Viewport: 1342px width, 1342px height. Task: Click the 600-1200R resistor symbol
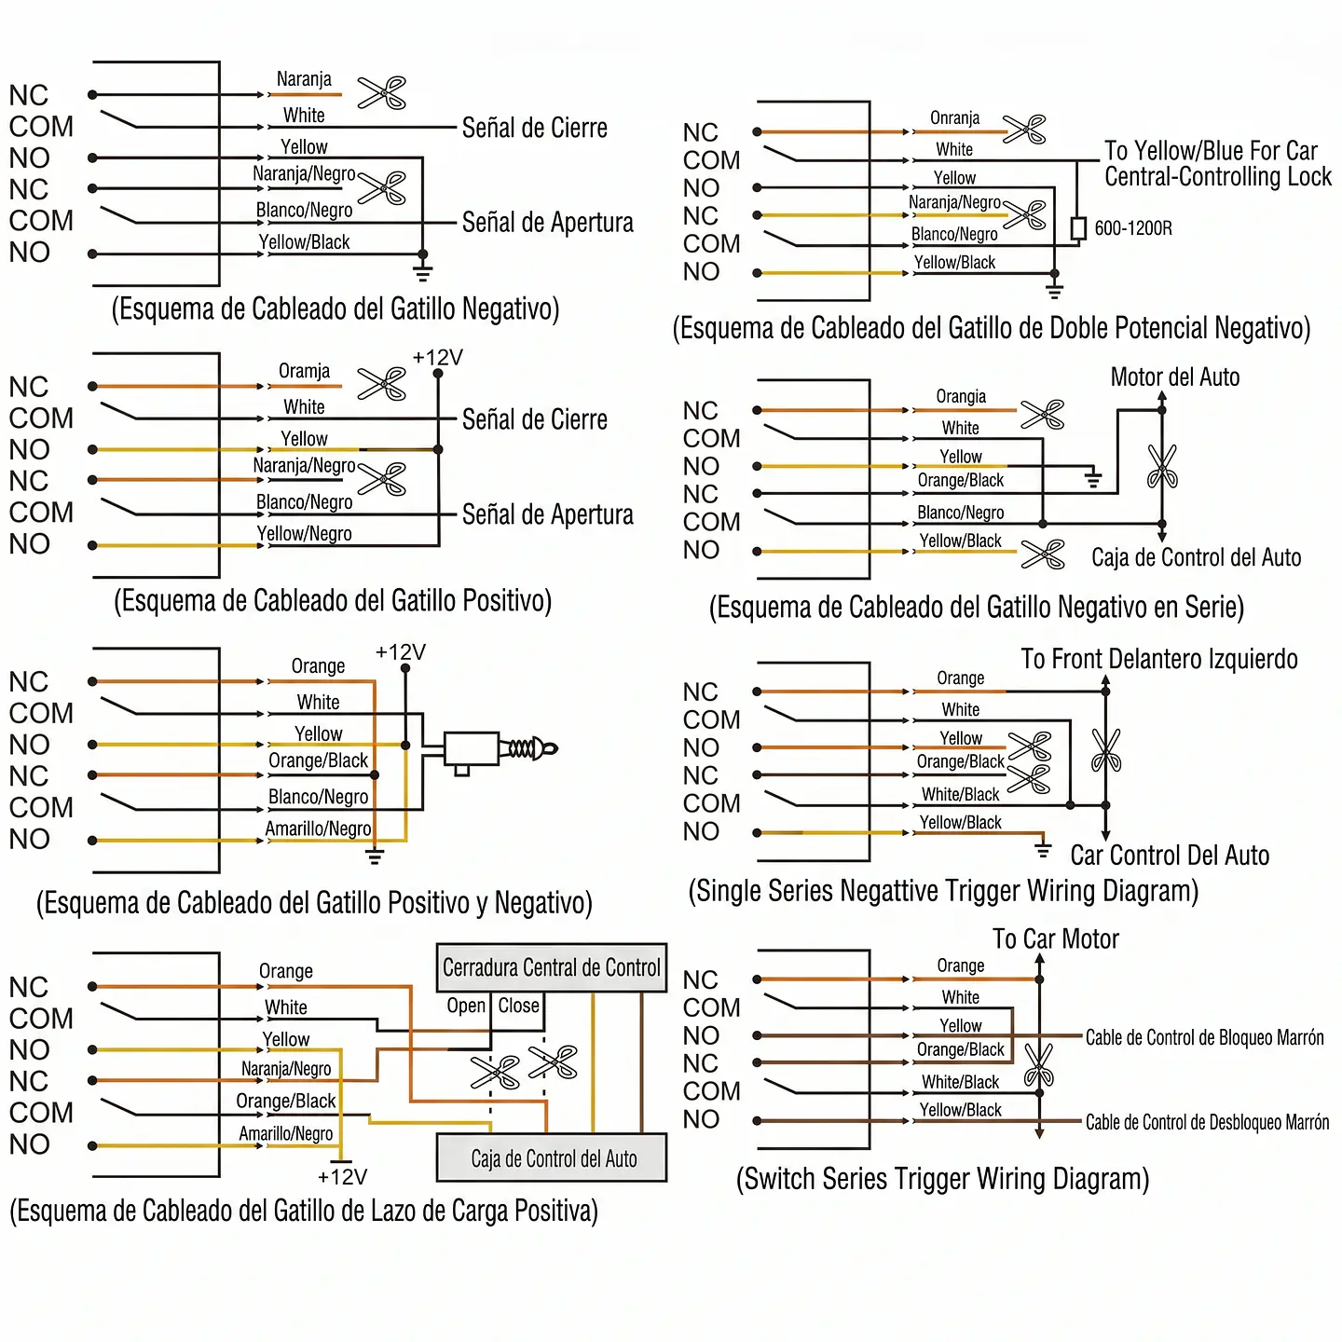coord(1077,228)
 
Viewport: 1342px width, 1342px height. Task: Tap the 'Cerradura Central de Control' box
coord(551,967)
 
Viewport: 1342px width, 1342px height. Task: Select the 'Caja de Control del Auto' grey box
coord(551,1158)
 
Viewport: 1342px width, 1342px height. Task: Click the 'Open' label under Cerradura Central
coord(466,1006)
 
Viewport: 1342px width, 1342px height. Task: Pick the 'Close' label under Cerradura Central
coord(518,1006)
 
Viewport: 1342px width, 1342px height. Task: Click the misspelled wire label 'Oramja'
coord(304,371)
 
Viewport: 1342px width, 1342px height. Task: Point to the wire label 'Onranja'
coord(954,117)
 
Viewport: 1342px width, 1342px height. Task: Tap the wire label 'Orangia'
coord(960,396)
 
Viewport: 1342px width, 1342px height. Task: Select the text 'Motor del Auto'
coord(1175,377)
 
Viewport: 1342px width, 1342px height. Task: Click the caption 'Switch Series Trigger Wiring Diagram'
coord(942,1178)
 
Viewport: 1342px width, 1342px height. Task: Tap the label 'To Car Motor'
coord(1055,938)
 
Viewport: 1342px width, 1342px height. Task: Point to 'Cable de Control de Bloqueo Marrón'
coord(1204,1037)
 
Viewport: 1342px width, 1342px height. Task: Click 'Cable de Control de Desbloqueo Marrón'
coord(1207,1122)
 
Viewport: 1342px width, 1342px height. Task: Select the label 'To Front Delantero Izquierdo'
coord(1158,659)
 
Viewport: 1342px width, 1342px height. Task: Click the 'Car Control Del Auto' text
coord(1170,856)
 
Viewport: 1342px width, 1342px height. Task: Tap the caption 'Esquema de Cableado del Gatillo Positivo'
coord(333,600)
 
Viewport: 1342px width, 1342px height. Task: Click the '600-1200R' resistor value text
coord(1133,227)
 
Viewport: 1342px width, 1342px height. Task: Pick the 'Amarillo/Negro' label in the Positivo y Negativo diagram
coord(318,828)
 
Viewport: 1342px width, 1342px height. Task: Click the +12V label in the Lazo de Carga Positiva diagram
coord(342,1177)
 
